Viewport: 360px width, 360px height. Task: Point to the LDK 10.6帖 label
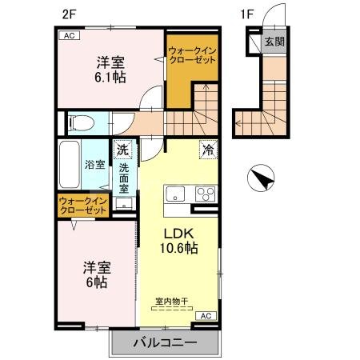[179, 240]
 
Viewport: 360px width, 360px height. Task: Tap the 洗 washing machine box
[122, 150]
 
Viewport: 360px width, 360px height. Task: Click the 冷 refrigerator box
[207, 150]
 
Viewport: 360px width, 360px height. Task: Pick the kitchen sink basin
[175, 194]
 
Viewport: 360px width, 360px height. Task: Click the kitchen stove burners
[205, 194]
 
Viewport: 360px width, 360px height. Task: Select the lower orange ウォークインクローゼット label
[82, 206]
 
